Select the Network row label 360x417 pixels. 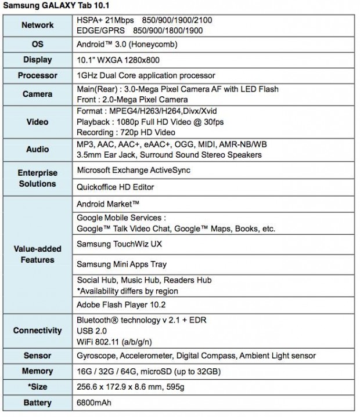click(x=38, y=25)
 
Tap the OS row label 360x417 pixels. click(x=38, y=44)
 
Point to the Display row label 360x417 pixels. click(x=38, y=60)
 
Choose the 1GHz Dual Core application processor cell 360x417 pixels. click(x=146, y=75)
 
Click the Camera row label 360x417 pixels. click(x=38, y=94)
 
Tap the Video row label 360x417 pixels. click(x=38, y=122)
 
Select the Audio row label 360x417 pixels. click(x=38, y=150)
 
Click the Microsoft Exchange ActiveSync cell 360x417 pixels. click(x=134, y=170)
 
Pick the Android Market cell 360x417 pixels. click(x=108, y=204)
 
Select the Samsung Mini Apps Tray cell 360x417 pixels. click(x=121, y=264)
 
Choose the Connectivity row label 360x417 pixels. click(x=38, y=331)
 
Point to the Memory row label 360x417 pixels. click(x=38, y=371)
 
